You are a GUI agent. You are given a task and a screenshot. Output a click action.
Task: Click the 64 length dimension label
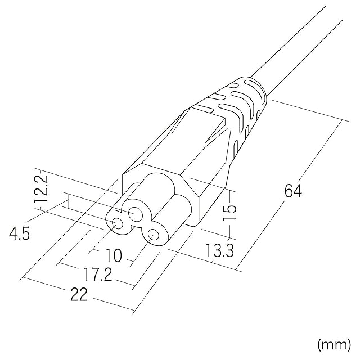(x=293, y=191)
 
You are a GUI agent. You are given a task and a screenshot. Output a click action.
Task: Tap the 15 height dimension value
(x=229, y=212)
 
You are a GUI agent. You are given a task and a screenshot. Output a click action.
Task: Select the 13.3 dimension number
(x=219, y=250)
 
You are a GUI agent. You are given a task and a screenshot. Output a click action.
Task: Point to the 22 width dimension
(x=79, y=295)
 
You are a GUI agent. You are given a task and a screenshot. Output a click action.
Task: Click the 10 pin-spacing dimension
(x=114, y=255)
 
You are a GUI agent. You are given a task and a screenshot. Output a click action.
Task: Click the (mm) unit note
(x=334, y=344)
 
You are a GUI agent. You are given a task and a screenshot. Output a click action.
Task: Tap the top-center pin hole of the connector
(x=136, y=214)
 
